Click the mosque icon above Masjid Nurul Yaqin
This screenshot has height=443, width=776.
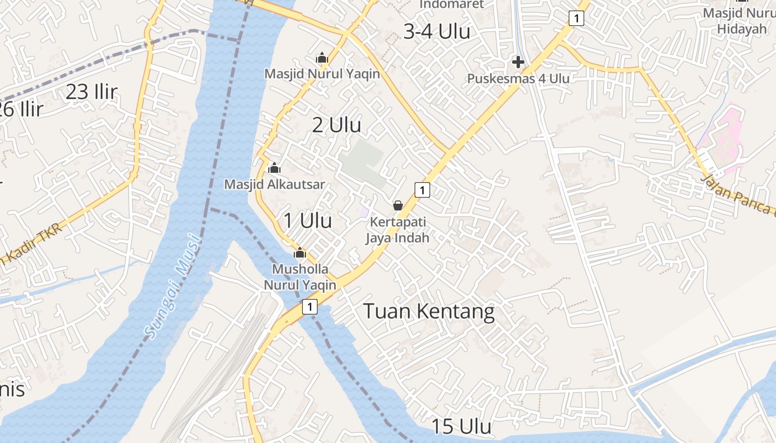321,58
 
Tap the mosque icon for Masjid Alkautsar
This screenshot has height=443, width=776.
274,168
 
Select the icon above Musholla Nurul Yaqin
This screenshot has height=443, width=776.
300,253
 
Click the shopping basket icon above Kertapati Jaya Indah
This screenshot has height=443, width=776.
397,205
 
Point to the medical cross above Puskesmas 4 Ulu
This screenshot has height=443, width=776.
518,61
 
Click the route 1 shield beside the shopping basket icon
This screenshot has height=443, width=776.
422,190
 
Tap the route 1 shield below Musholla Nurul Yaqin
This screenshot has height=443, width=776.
310,306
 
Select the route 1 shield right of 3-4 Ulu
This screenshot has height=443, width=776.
576,18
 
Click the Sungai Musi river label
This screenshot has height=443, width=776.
172,286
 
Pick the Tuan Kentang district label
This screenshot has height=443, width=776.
428,311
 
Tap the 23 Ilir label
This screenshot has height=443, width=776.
91,92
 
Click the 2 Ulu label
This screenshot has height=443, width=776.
336,125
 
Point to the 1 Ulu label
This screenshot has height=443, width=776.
308,220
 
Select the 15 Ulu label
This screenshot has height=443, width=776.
461,426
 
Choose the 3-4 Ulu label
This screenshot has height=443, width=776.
437,32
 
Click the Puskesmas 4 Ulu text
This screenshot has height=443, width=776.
518,79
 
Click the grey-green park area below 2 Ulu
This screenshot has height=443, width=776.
363,162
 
